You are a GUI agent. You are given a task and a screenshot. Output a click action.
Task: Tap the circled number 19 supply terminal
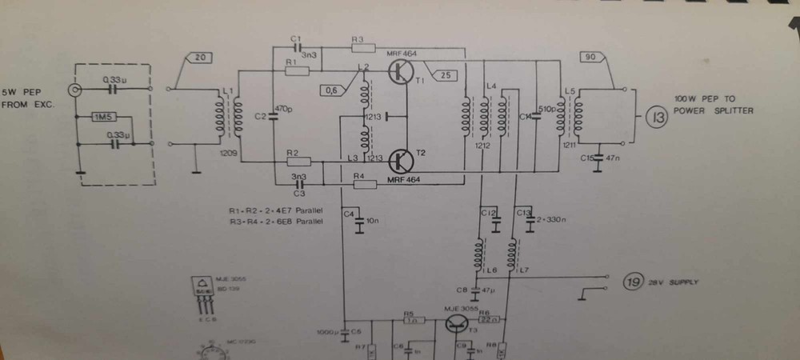[x=633, y=282]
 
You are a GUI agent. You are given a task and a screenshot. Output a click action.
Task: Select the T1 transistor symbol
[x=401, y=71]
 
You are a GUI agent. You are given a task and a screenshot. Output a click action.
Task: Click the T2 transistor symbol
[x=401, y=162]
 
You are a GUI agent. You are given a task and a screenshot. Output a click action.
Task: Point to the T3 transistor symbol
[x=458, y=323]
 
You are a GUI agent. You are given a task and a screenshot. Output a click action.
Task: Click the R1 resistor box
[x=297, y=71]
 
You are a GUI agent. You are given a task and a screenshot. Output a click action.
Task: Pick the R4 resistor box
[x=364, y=185]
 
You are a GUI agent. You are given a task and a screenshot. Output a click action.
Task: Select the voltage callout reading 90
[x=593, y=58]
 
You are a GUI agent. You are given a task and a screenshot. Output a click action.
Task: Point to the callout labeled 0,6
[x=333, y=90]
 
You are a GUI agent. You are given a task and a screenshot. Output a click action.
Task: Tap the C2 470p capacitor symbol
[x=274, y=114]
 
